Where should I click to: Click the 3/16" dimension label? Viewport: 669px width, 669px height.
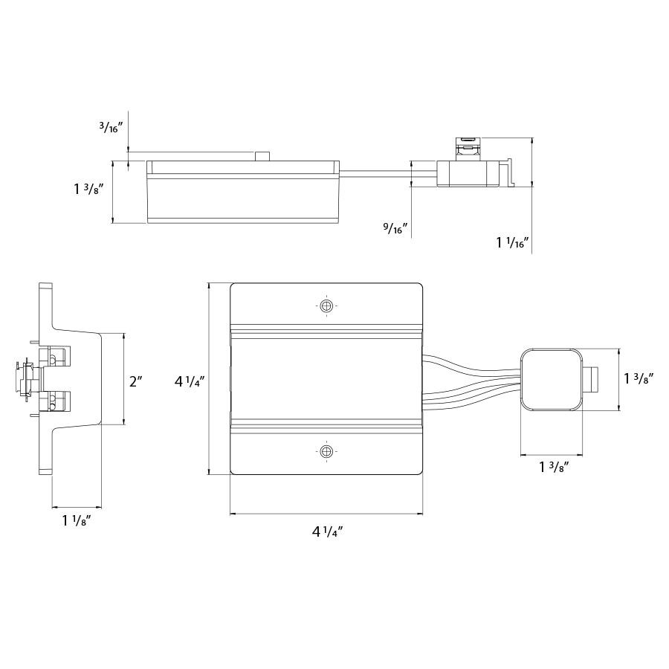tap(111, 126)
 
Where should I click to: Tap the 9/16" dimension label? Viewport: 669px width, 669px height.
tap(395, 228)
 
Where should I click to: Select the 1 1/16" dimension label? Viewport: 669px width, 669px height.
tap(512, 242)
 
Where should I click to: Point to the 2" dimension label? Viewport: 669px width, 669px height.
tap(136, 381)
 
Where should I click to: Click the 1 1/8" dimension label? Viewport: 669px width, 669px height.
tap(77, 520)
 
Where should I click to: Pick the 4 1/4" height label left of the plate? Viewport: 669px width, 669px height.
tap(190, 381)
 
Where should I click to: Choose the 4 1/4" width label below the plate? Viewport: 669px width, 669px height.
tap(328, 531)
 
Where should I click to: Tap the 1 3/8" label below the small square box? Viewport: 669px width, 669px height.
tap(555, 468)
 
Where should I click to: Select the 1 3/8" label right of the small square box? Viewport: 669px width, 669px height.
tap(639, 378)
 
